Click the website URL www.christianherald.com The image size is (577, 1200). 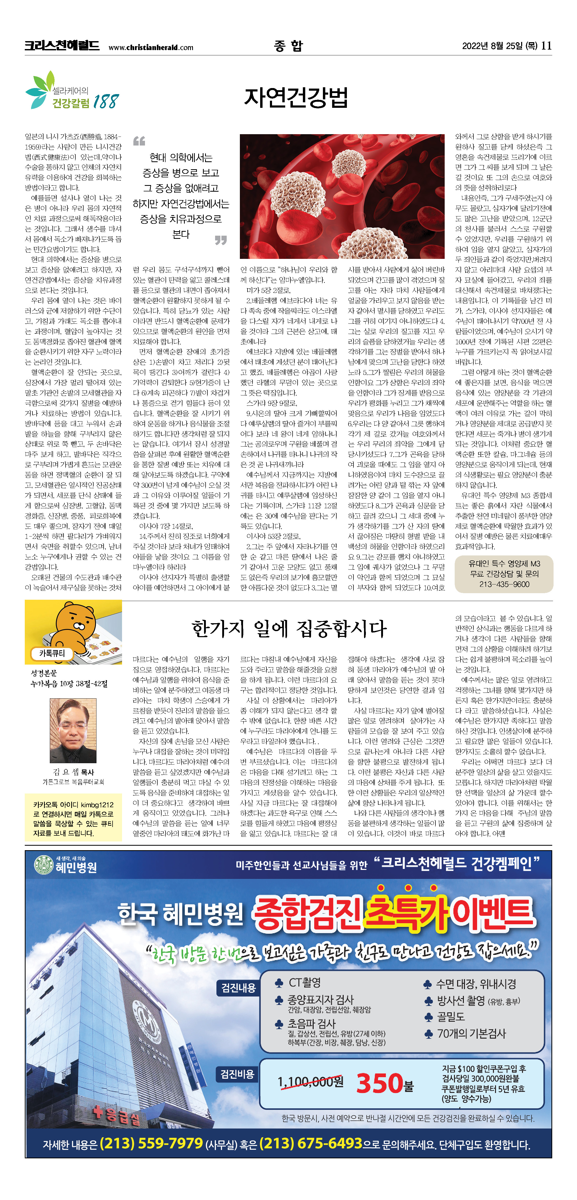pyautogui.click(x=151, y=47)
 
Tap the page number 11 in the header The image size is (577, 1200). pyautogui.click(x=546, y=46)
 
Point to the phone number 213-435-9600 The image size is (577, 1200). pyautogui.click(x=504, y=584)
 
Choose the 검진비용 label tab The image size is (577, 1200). pyautogui.click(x=237, y=1074)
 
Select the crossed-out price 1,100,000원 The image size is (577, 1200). pyautogui.click(x=310, y=1081)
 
